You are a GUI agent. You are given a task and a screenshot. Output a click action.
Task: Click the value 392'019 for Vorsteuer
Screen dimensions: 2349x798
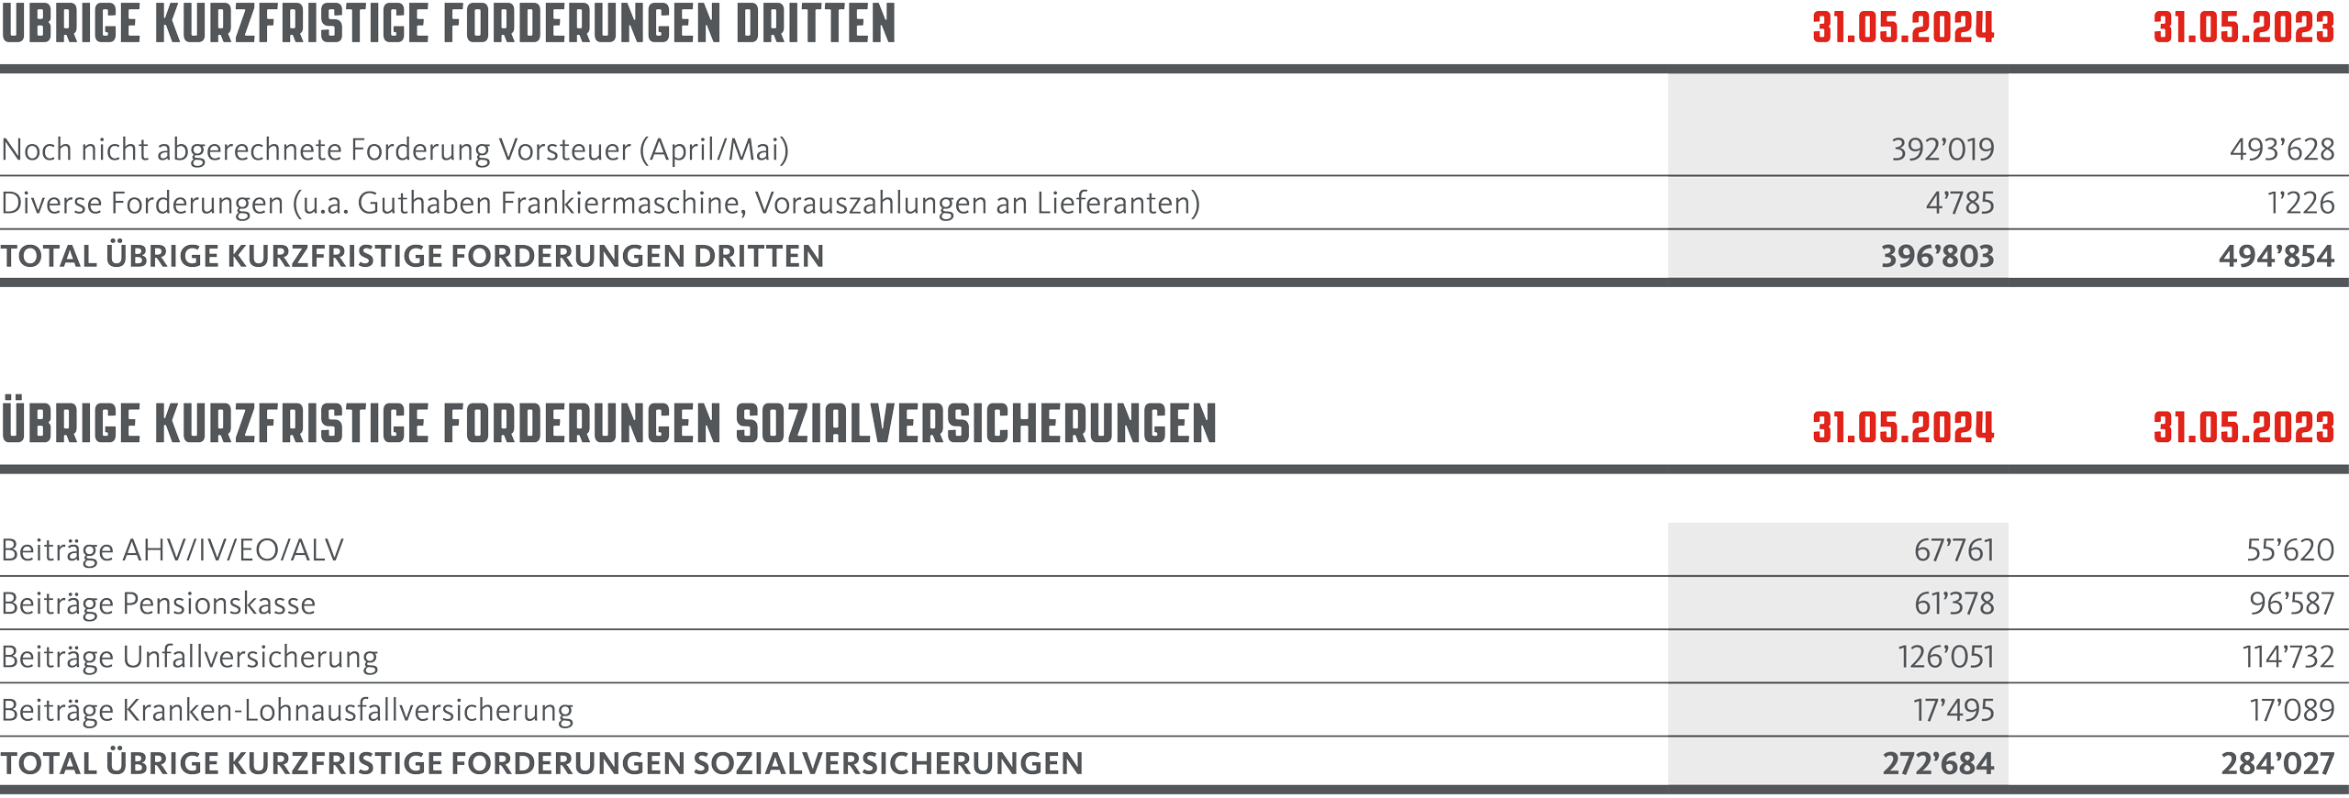(x=1943, y=150)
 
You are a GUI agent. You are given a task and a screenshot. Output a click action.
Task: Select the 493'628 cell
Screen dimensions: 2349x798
(x=2282, y=150)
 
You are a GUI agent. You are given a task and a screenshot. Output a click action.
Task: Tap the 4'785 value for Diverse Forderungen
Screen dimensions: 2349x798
(x=1960, y=203)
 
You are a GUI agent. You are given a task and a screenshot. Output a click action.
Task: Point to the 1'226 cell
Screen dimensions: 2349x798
(x=2301, y=203)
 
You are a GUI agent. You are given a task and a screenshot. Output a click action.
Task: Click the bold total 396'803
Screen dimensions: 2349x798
(x=1938, y=256)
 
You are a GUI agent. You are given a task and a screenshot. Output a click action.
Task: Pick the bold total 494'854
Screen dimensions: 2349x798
(x=2277, y=256)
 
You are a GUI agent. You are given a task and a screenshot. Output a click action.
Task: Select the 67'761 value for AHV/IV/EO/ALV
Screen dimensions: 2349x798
(x=1954, y=550)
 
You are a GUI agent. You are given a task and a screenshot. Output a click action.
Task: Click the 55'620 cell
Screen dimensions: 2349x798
(x=2290, y=550)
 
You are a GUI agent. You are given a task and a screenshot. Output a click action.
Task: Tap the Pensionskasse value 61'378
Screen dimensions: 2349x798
(x=1954, y=604)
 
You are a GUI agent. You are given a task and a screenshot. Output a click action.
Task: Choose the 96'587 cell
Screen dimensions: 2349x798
(x=2292, y=604)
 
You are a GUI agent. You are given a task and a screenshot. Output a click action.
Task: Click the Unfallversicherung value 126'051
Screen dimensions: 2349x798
(x=1946, y=657)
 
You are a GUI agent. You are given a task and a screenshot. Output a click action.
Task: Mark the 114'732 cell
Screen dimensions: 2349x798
(x=2288, y=657)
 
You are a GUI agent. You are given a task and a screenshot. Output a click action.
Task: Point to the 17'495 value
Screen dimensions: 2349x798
(x=1954, y=710)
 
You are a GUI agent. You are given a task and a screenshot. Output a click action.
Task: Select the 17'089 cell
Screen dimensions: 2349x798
(x=2292, y=710)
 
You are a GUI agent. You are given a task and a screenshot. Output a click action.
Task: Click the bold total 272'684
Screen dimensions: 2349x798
(x=1939, y=763)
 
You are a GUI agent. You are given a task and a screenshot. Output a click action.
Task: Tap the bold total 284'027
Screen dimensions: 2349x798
(x=2278, y=763)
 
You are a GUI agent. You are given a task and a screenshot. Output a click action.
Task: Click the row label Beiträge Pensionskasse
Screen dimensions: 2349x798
(x=159, y=604)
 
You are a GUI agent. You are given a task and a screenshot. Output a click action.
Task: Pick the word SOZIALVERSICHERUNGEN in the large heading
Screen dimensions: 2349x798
(x=976, y=424)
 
